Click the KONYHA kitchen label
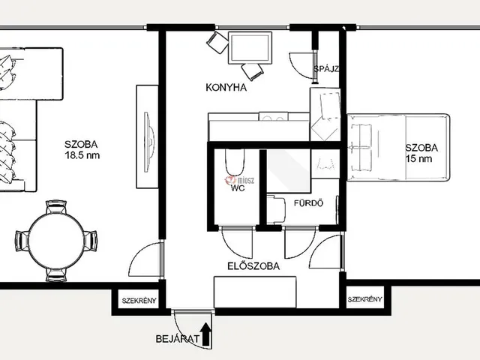pos(226,88)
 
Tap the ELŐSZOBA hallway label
pos(253,266)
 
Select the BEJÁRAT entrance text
pos(178,339)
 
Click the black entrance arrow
pos(207,334)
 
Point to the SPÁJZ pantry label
pos(326,69)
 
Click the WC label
pos(238,188)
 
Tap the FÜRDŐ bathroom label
pos(308,203)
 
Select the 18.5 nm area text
pos(82,155)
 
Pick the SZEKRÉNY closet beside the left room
pos(139,301)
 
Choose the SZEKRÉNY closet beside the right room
pos(365,299)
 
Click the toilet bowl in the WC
pos(235,162)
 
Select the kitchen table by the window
pos(250,48)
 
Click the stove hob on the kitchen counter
pos(273,117)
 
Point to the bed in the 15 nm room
pos(398,148)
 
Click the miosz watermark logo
pos(240,180)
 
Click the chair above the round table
pos(56,207)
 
